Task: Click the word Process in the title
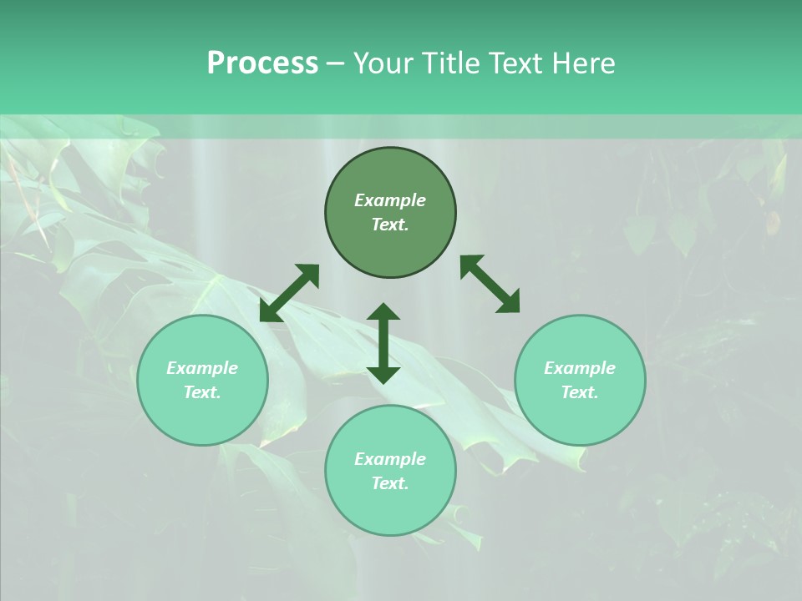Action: pos(262,63)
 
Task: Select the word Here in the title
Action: pos(582,63)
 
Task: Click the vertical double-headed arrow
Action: pos(383,343)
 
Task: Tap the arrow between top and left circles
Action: pos(289,293)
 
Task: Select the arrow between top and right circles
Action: pos(490,284)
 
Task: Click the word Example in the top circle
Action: pos(390,200)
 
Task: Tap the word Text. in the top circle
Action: pos(390,225)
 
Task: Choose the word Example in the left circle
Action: pos(202,368)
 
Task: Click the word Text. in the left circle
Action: pos(202,392)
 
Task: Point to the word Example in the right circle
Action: pos(580,368)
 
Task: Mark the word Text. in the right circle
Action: pos(580,392)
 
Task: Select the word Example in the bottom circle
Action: pos(390,459)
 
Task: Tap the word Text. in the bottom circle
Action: pos(390,483)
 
